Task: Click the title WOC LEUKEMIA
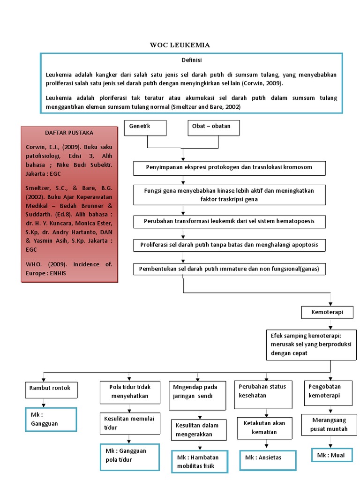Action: (180, 45)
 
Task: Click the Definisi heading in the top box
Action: (191, 60)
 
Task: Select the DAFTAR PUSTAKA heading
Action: (69, 133)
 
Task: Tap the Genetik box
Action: (145, 127)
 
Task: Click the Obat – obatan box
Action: (215, 127)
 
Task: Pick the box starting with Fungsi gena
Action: (230, 195)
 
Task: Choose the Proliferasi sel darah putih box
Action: (230, 245)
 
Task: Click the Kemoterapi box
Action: (327, 312)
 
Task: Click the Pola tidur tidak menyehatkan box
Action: (129, 391)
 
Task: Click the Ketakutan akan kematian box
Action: (267, 427)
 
